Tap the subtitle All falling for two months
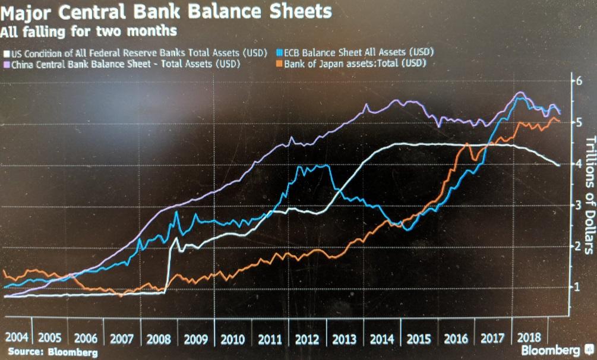pyautogui.click(x=89, y=30)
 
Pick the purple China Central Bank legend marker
pyautogui.click(x=7, y=64)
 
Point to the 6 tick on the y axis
pyautogui.click(x=574, y=82)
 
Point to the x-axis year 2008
pyautogui.click(x=159, y=339)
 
